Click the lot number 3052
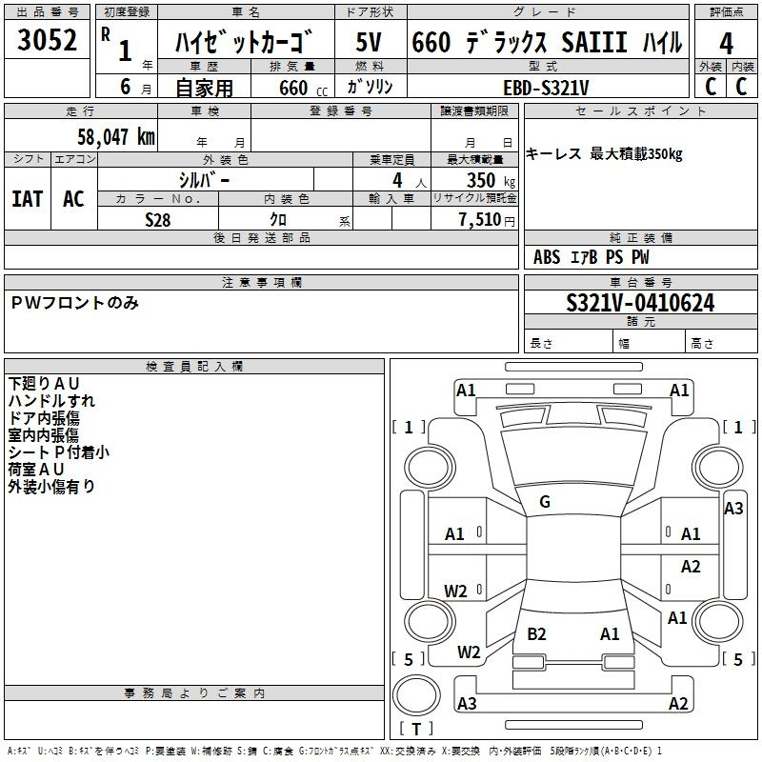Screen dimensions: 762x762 point(48,41)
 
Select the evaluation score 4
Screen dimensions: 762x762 point(726,44)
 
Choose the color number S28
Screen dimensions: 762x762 point(158,219)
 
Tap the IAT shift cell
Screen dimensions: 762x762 point(27,198)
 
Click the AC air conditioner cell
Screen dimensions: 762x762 point(73,198)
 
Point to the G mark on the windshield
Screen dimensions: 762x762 point(545,502)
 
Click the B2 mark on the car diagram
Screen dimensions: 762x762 point(536,633)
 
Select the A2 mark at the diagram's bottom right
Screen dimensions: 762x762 point(678,704)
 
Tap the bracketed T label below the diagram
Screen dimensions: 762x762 point(416,730)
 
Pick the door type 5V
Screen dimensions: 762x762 point(371,42)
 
